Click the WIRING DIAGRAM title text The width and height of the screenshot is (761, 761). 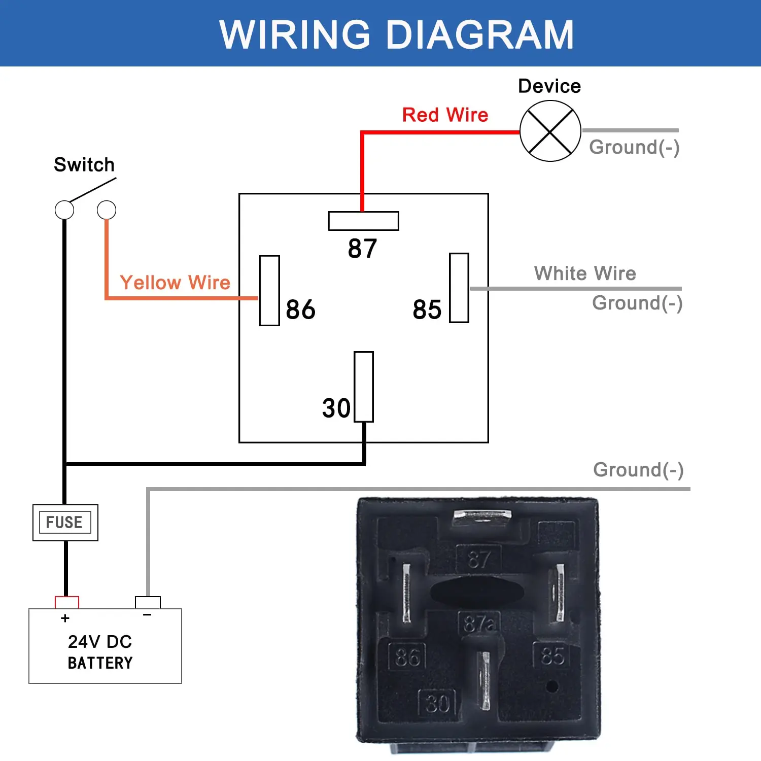pos(396,34)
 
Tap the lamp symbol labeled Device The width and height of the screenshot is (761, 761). pos(550,131)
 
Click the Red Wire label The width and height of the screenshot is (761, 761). pos(445,115)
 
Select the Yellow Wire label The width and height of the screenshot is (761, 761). pos(175,283)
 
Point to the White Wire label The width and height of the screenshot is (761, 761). pos(585,273)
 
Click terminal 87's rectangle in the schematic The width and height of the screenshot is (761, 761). pos(363,221)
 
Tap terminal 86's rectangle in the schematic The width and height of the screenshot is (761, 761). pos(269,291)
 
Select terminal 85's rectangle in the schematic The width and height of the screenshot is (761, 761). pos(459,288)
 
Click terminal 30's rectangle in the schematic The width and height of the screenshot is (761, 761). pos(364,387)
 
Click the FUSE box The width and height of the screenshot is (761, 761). pos(65,523)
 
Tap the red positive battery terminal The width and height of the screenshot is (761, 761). pos(67,602)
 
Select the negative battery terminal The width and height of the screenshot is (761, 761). pos(148,602)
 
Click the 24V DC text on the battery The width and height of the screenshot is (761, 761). pos(100,642)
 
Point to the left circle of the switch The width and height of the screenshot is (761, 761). pos(64,210)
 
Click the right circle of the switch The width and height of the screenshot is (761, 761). pos(107,210)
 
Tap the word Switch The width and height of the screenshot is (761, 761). pos(84,165)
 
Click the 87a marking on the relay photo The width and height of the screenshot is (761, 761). pos(479,624)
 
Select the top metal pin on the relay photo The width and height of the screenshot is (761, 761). pos(482,516)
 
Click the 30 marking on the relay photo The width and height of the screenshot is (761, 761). pos(437,704)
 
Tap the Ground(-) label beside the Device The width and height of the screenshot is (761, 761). pos(634,147)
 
